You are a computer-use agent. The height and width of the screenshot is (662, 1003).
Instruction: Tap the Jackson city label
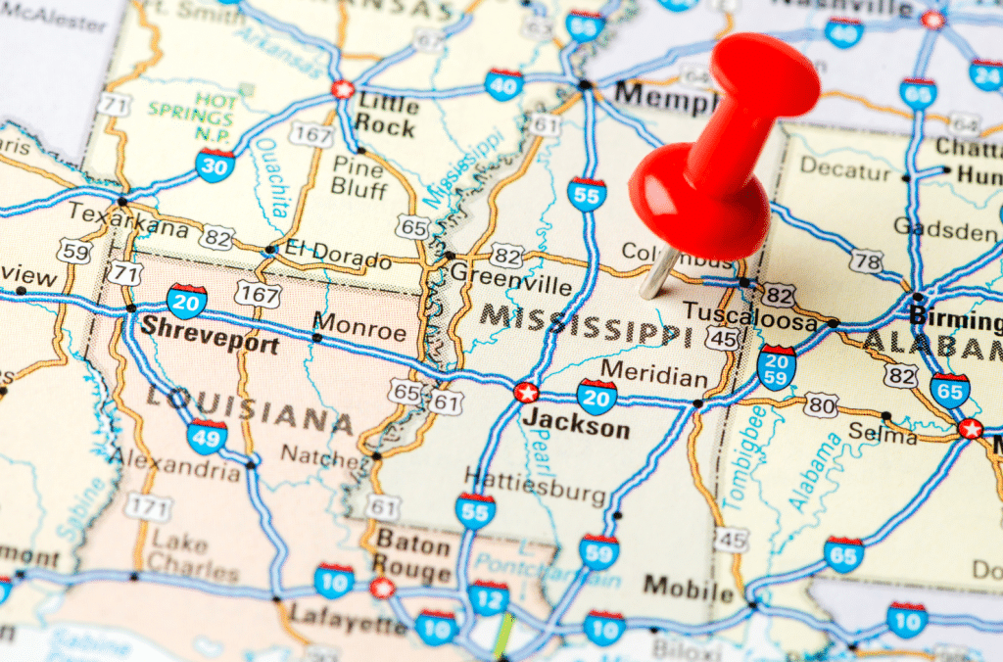click(576, 429)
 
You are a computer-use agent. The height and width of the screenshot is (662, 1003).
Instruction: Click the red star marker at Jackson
click(526, 393)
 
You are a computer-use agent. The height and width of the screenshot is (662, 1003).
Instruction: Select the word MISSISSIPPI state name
click(578, 324)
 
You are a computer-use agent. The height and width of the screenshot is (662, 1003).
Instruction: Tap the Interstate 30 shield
click(215, 165)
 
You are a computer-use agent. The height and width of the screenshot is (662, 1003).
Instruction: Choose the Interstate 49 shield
click(207, 436)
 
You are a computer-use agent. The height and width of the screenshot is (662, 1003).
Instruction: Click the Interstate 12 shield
click(488, 596)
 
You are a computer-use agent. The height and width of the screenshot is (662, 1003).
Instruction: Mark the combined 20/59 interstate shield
click(777, 368)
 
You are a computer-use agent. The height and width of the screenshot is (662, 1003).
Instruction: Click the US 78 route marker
click(866, 261)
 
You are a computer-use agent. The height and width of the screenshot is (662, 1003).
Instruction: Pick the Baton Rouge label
click(414, 555)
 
